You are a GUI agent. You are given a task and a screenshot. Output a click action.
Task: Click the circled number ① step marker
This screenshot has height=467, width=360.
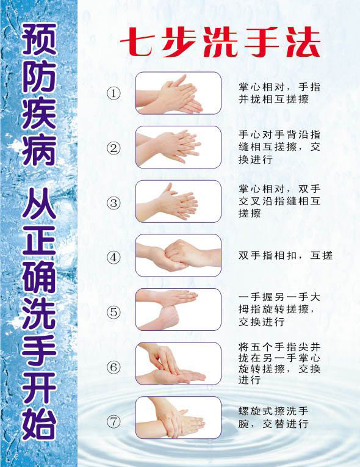tap(113, 93)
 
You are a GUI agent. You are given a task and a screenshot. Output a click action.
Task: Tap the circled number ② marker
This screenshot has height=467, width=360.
tap(113, 148)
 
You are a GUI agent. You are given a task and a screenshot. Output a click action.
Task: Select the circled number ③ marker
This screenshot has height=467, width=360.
tap(113, 203)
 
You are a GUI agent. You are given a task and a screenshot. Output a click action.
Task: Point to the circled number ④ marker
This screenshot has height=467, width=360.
tap(113, 258)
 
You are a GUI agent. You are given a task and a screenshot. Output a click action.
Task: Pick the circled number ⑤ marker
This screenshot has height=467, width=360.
tap(113, 312)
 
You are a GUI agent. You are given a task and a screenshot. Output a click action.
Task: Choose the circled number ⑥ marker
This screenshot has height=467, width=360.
tap(113, 367)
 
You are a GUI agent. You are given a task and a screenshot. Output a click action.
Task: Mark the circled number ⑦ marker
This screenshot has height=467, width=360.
tap(113, 422)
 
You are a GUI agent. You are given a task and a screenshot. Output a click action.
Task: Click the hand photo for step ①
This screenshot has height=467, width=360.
tap(178, 93)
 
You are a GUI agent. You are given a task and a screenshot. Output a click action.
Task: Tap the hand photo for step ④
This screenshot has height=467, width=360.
tap(178, 255)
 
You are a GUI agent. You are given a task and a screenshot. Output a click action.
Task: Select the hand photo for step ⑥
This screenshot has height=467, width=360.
tap(178, 363)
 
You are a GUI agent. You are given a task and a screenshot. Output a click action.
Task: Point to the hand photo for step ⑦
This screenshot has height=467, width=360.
tap(178, 418)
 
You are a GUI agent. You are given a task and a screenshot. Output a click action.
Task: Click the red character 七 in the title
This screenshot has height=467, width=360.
tap(139, 42)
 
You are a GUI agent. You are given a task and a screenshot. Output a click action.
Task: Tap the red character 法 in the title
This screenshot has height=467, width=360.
tap(303, 42)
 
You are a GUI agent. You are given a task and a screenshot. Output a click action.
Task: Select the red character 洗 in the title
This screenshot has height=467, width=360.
tap(220, 42)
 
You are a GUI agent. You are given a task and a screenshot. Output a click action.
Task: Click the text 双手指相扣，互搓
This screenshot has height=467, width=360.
tap(286, 256)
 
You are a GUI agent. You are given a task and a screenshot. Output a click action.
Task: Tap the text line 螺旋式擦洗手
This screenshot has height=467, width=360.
tap(273, 411)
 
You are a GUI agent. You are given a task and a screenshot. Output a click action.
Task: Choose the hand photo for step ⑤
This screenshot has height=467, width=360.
tap(178, 310)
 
